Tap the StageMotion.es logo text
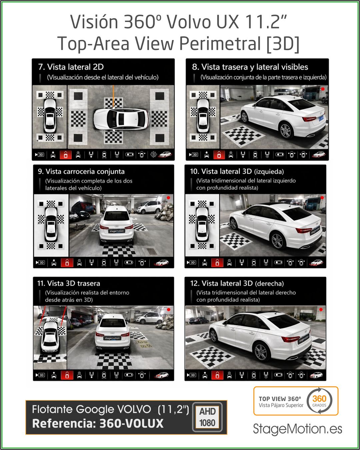tap(297, 429)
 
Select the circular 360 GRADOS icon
tap(319, 400)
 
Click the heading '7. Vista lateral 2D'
tap(71, 67)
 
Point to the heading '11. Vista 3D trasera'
tap(69, 283)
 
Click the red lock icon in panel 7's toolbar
tap(66, 155)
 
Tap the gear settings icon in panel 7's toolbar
tap(154, 155)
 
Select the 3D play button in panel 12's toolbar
tap(191, 375)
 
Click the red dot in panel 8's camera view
tap(323, 89)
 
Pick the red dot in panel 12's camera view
tap(321, 309)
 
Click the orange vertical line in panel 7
tap(113, 96)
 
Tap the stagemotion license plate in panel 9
tap(117, 231)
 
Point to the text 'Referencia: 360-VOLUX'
tap(98, 423)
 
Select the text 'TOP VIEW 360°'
tap(280, 399)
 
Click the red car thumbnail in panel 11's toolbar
tap(161, 375)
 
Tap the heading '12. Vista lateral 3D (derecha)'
tap(237, 283)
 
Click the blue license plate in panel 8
tap(321, 118)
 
